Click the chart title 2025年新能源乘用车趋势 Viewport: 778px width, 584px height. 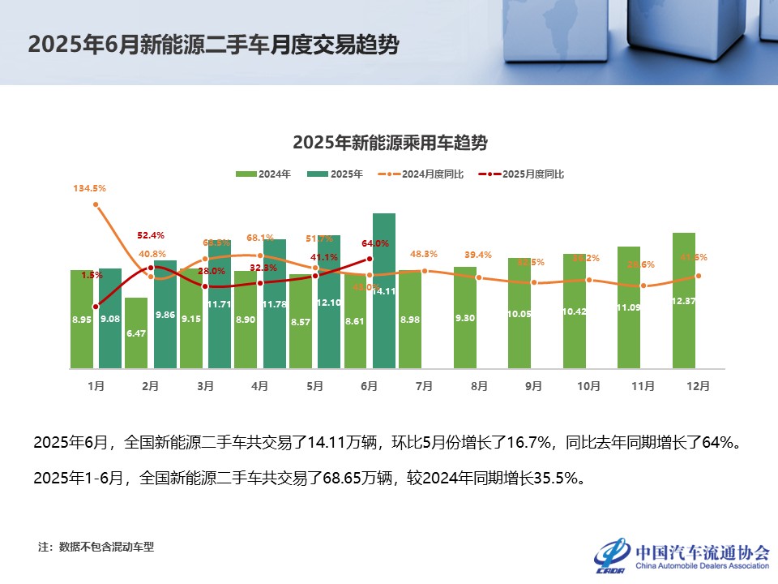click(390, 144)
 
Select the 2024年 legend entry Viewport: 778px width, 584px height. click(263, 174)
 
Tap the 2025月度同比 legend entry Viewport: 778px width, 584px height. click(522, 174)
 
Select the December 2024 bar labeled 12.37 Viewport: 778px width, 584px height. click(684, 300)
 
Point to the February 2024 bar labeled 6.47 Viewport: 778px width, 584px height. click(136, 333)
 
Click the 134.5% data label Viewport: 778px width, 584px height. click(89, 188)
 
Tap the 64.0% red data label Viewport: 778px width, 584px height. click(375, 243)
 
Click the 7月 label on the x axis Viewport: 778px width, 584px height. click(424, 386)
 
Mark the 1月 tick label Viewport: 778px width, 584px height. click(96, 386)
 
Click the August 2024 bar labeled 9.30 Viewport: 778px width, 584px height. click(465, 317)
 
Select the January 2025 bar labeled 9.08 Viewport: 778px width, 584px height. click(110, 318)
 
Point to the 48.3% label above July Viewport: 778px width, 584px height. click(424, 254)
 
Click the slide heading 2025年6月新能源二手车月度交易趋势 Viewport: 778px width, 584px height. click(213, 45)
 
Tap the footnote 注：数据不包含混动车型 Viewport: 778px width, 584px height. click(96, 547)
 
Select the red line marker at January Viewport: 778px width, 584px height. click(96, 307)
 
